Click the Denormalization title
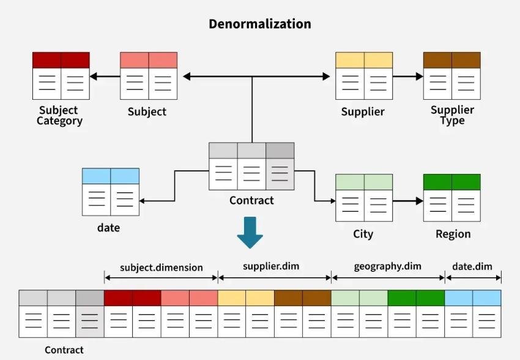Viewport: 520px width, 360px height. tap(260, 24)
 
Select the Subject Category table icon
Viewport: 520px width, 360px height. tap(61, 76)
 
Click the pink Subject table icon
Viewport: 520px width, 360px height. tap(149, 76)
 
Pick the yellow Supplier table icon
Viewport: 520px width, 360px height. tap(364, 76)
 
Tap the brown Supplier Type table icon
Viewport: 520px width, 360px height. tap(451, 76)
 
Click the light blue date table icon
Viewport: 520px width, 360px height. tap(111, 192)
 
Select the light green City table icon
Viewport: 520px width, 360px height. tap(364, 198)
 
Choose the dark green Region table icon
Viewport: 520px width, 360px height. tap(451, 198)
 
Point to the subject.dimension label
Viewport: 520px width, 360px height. tap(161, 268)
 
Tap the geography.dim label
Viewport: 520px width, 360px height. tap(388, 266)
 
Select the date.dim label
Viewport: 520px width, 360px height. tap(472, 266)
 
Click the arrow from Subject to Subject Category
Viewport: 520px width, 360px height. tap(105, 77)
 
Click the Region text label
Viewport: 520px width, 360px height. tap(453, 234)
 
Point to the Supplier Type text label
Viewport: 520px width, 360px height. tap(452, 115)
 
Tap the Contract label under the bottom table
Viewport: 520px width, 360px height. tap(64, 350)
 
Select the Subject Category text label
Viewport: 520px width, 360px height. tap(59, 116)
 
